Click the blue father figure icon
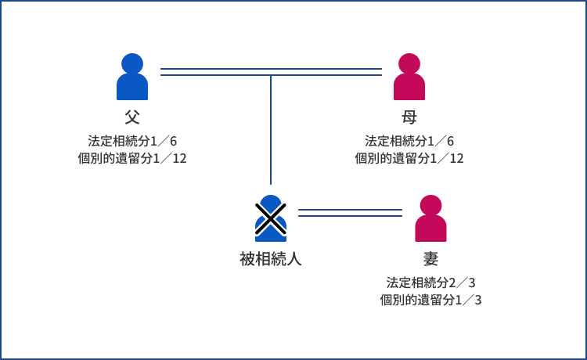[132, 78]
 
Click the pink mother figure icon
[409, 78]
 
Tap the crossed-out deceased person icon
[270, 218]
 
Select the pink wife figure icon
[430, 219]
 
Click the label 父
[132, 117]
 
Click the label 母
[409, 117]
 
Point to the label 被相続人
[270, 259]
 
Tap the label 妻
[430, 259]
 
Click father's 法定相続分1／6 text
[132, 142]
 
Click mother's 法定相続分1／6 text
[409, 142]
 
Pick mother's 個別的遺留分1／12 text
[409, 158]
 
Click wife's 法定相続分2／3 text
[430, 283]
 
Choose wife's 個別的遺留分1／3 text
[430, 299]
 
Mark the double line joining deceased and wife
[350, 212]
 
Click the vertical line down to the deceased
[271, 129]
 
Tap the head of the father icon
[132, 63]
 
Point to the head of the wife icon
[430, 205]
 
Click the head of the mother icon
[409, 63]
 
